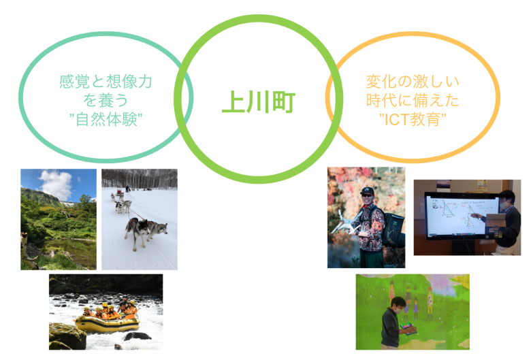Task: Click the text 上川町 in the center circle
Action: tap(259, 101)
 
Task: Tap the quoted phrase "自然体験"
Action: tap(106, 119)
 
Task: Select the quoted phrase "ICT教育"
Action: tap(413, 119)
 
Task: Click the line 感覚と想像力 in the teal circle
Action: tap(106, 82)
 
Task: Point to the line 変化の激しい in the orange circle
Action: tap(413, 82)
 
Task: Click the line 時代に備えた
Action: tap(413, 100)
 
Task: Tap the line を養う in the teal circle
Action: tap(106, 100)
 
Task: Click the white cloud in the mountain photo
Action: tap(56, 184)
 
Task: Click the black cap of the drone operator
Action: tap(367, 191)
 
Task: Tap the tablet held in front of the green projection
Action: tap(408, 329)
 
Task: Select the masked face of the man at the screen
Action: tap(504, 203)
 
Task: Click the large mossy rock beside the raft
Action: tap(67, 336)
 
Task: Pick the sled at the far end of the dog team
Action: tap(119, 193)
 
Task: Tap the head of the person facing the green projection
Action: tap(398, 305)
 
